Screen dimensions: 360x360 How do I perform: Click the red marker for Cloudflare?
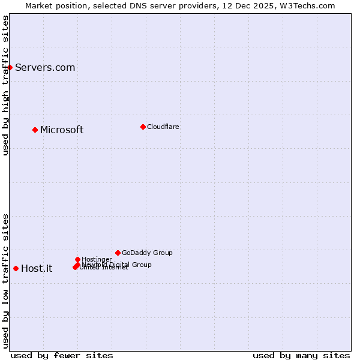(143, 127)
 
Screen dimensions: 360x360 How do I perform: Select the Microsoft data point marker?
(35, 130)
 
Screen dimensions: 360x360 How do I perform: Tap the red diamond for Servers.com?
(10, 67)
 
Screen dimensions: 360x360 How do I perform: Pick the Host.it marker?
(16, 268)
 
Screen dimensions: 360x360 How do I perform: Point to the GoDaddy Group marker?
(118, 253)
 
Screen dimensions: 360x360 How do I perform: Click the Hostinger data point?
(77, 259)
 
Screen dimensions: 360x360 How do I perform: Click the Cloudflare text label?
(163, 127)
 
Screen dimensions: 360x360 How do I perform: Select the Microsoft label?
(62, 130)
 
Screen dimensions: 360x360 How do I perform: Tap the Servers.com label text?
(45, 68)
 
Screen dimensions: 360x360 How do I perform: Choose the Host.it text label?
(37, 269)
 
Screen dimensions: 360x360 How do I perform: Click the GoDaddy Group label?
(147, 253)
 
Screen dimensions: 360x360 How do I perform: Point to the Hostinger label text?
(97, 259)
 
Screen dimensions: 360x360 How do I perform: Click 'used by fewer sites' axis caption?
(62, 355)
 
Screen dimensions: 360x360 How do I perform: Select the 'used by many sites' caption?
(301, 355)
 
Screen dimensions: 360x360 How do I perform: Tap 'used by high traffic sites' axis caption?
(5, 85)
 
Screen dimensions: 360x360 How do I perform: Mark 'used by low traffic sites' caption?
(5, 280)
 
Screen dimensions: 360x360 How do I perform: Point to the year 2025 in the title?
(261, 5)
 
